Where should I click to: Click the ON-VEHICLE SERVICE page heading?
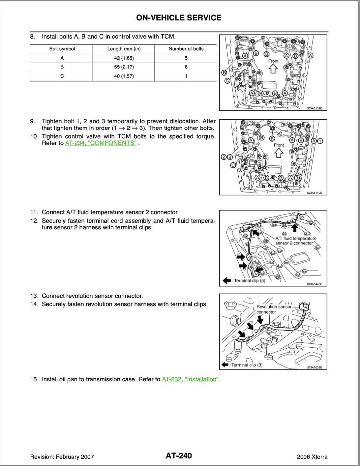pos(179,18)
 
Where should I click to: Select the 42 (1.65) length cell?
pos(124,58)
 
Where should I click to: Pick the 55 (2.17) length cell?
pos(124,67)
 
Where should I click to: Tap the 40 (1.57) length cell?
pos(124,76)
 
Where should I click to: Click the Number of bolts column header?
pos(186,49)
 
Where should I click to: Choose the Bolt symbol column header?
pos(62,49)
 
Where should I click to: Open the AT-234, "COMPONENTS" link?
pos(101,143)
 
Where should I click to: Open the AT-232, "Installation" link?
pos(190,379)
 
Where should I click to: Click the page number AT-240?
pos(179,456)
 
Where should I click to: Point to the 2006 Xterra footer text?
pos(312,457)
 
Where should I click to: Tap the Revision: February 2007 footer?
pos(62,457)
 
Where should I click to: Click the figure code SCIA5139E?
pos(315,108)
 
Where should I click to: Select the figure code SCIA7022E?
pos(315,367)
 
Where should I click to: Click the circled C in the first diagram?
pos(227,81)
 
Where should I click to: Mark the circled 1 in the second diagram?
pos(320,141)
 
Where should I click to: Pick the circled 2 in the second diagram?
pos(224,157)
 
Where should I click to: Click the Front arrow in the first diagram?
pos(273,69)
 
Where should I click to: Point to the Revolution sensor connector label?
pos(274,309)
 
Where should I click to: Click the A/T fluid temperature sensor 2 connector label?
pos(295,241)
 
